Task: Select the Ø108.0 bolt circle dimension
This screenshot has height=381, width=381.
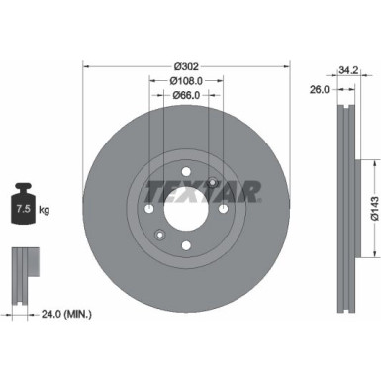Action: tap(186, 82)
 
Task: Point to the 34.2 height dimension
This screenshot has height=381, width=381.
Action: tap(346, 70)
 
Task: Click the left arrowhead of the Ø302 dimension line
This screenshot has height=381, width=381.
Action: tap(85, 69)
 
